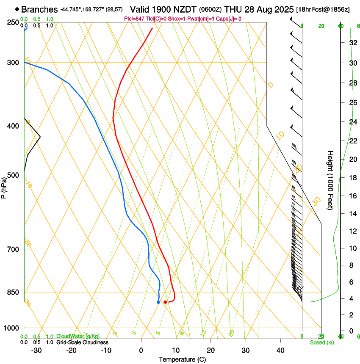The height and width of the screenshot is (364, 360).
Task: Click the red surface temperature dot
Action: tap(165, 302)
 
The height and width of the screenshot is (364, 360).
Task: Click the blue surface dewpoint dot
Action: tap(158, 302)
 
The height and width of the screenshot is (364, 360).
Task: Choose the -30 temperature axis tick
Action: tap(36, 350)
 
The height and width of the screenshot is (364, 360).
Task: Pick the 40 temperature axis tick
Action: tap(280, 350)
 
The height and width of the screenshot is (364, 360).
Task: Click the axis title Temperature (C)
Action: tap(182, 360)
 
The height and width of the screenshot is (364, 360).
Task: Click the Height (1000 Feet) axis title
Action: tap(331, 180)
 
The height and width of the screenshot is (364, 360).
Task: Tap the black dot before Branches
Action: tap(17, 9)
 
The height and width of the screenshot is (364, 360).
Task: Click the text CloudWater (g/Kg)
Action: tap(78, 336)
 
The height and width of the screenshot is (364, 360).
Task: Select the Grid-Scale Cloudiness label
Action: tap(82, 342)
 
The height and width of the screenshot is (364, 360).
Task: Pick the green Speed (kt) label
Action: tap(321, 342)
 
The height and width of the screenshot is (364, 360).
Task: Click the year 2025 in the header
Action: tap(282, 9)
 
